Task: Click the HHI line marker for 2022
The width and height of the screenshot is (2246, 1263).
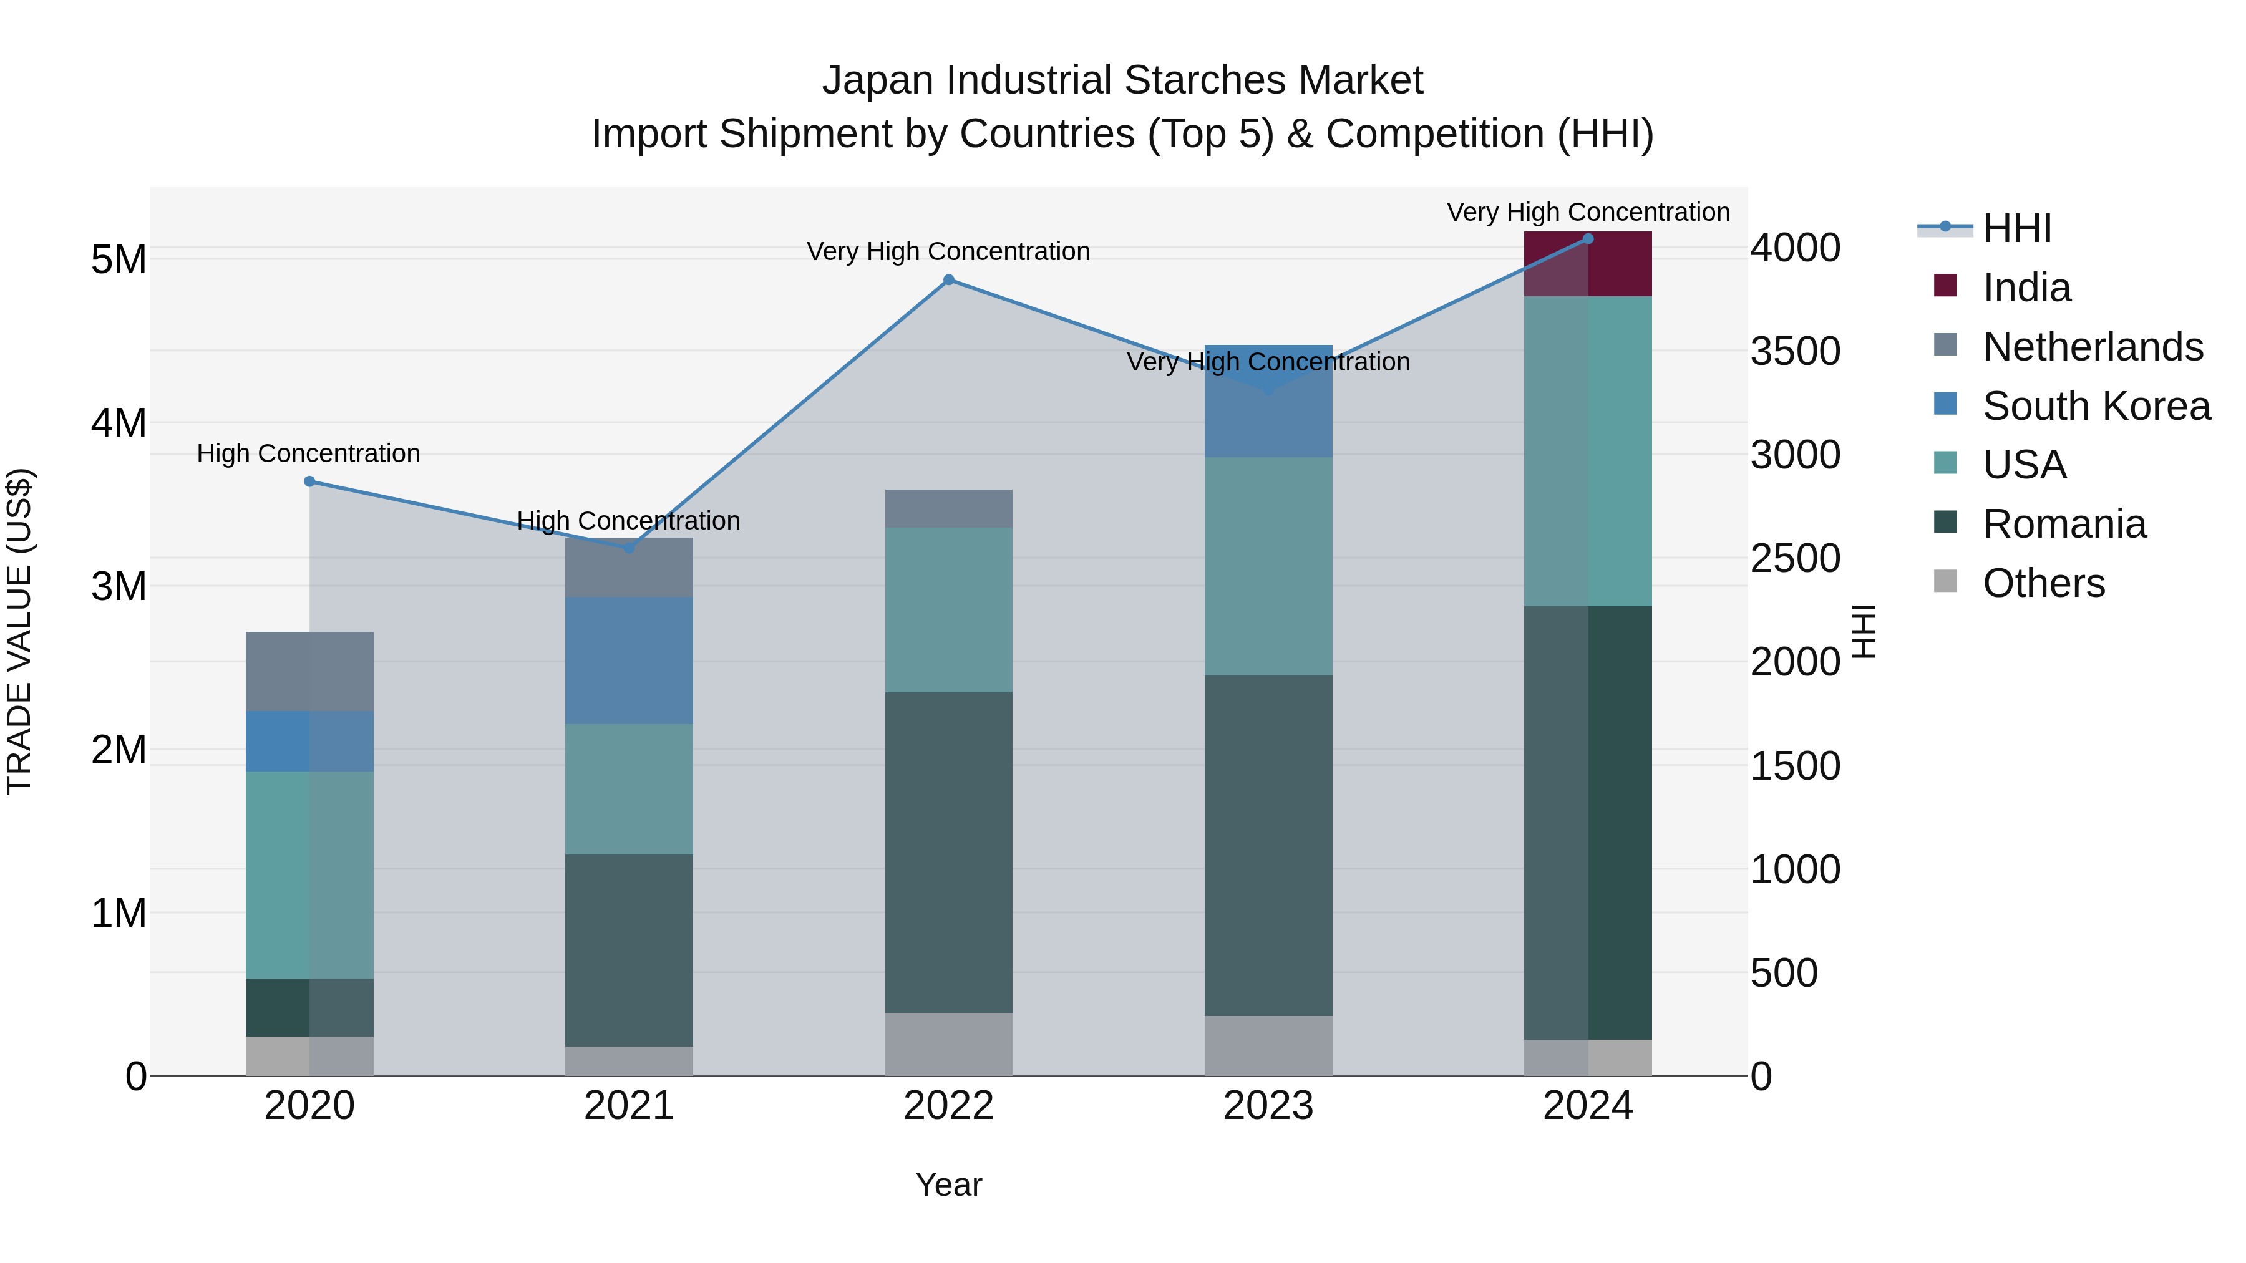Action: click(948, 280)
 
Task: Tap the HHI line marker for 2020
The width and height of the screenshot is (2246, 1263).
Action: click(309, 481)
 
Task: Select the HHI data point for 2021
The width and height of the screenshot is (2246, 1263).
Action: click(630, 548)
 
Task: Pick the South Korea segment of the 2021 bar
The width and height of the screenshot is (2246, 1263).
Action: click(629, 660)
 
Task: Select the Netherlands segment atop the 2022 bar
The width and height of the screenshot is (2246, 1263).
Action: click(948, 508)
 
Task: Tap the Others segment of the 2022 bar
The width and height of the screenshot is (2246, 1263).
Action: click(948, 1043)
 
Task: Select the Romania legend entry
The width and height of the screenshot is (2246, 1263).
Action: click(2064, 524)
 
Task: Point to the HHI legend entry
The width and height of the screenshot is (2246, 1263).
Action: click(2016, 228)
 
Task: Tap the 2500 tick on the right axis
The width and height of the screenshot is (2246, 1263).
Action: click(1794, 559)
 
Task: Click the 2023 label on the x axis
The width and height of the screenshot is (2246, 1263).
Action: click(1268, 1106)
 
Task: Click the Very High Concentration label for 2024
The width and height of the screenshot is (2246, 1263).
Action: click(1588, 212)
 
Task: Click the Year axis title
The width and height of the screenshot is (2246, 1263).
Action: click(948, 1184)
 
